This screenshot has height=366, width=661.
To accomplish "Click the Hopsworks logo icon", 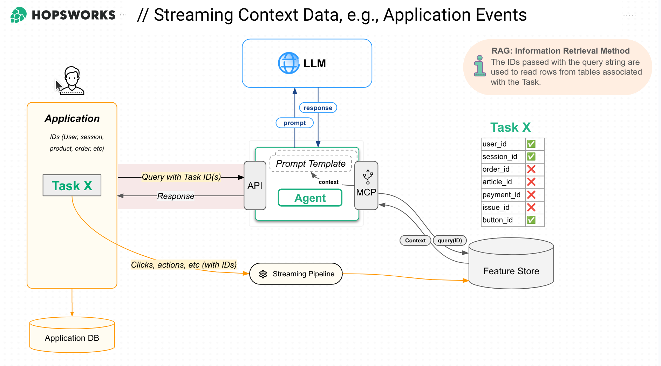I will (x=18, y=15).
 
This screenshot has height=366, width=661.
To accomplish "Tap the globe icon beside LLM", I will (x=288, y=63).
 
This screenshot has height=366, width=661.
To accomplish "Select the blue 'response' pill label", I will (x=318, y=108).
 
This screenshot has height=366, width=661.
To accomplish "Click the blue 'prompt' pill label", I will (x=294, y=123).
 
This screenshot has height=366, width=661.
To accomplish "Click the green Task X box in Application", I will (x=72, y=185).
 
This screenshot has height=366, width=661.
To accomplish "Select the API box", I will (x=255, y=186).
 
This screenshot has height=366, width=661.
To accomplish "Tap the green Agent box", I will (x=310, y=198).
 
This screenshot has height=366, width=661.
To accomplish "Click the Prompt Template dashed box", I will (x=311, y=164).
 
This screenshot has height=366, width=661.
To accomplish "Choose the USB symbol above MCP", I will (x=368, y=177).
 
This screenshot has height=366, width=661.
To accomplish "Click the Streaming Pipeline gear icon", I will (x=263, y=274).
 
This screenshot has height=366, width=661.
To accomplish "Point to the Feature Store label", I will (x=511, y=271).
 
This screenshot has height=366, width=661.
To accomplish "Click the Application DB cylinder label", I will (x=72, y=338).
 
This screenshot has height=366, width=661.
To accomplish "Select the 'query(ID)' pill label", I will (x=450, y=240).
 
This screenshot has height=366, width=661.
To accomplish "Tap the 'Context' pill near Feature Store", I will (x=415, y=240).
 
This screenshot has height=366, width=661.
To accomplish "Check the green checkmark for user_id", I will (x=531, y=144).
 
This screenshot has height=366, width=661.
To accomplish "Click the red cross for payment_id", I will (x=531, y=195).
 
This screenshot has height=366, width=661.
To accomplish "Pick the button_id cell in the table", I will (x=498, y=220).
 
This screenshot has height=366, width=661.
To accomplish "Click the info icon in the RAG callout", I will (x=480, y=66).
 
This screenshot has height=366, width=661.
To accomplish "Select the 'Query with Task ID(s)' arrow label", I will (x=181, y=177).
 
